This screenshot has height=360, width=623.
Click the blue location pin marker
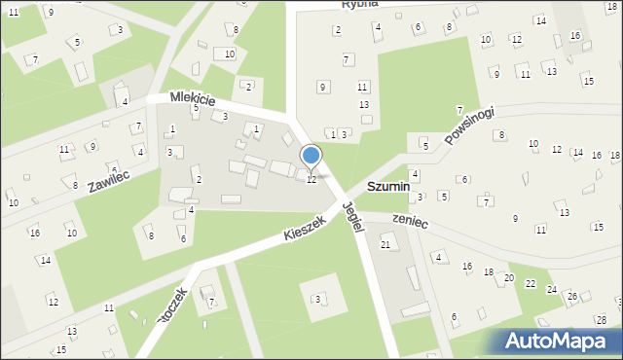click(x=311, y=156)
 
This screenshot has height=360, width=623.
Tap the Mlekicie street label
click(x=192, y=98)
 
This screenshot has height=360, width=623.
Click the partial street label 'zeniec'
click(x=409, y=222)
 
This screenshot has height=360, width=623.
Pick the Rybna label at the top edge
click(x=359, y=5)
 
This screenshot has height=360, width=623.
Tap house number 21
click(x=385, y=244)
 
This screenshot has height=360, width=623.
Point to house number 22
click(x=531, y=283)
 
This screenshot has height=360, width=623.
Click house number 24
click(x=552, y=290)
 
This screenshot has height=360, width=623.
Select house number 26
click(x=572, y=296)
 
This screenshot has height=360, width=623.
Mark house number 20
click(x=508, y=277)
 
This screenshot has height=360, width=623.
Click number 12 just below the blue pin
click(x=311, y=180)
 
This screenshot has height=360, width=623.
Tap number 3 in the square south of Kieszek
click(x=316, y=298)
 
